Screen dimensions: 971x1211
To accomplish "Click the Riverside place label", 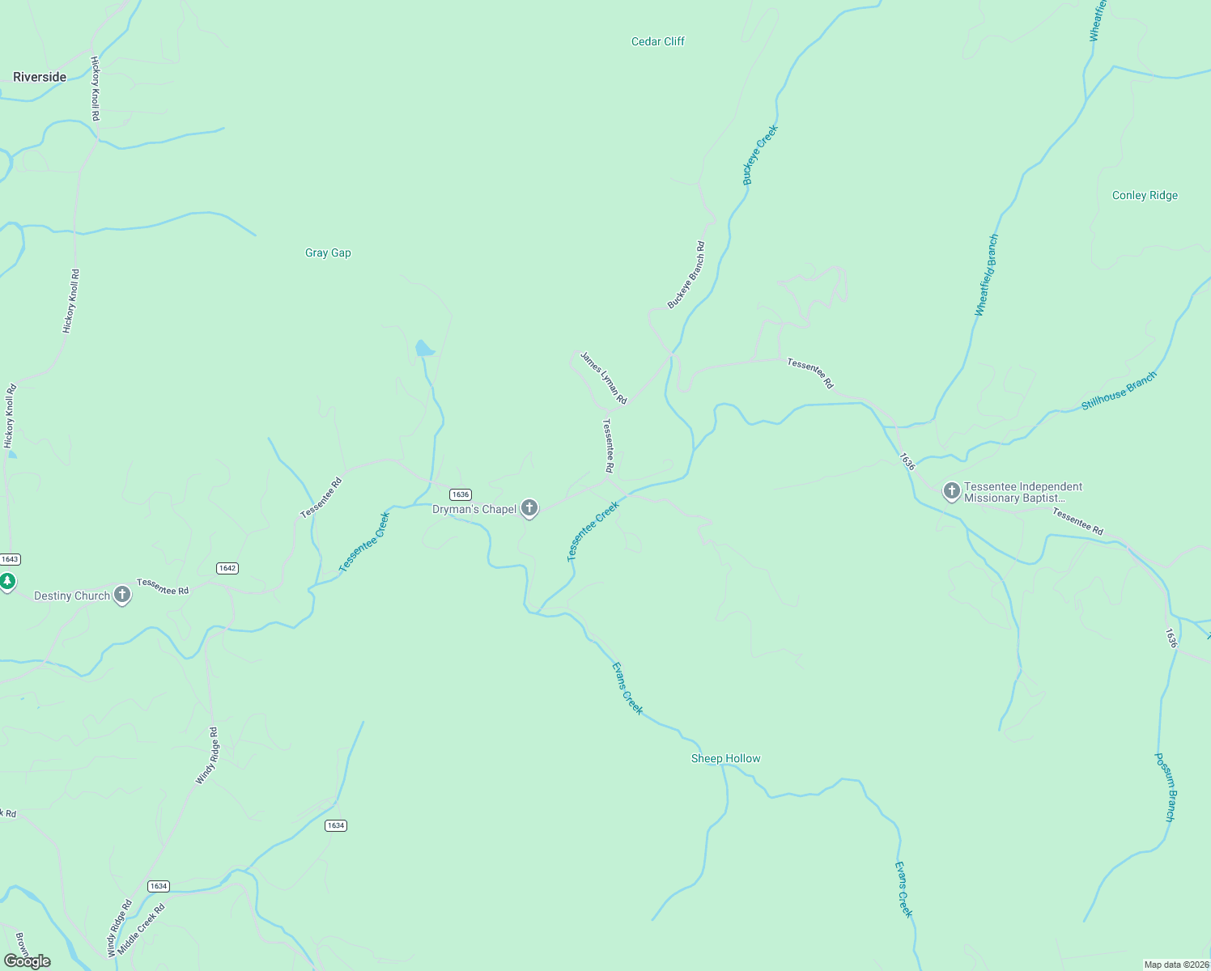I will (40, 77).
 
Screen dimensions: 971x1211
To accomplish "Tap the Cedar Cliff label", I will (657, 41).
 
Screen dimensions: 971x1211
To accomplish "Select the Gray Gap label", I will (328, 252).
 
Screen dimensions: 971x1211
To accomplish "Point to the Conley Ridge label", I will (1145, 195).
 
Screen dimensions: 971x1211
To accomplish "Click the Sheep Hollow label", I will (725, 758).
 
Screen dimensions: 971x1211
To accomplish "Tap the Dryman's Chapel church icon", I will (529, 509).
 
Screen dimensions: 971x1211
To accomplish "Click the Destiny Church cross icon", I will (122, 596).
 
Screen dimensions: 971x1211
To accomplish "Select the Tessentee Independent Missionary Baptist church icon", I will (952, 490).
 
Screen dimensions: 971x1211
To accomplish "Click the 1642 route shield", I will (227, 568).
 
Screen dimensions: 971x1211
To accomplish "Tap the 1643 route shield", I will (10, 559).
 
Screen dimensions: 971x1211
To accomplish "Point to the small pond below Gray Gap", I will (424, 349).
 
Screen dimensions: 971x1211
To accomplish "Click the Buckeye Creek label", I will (760, 155).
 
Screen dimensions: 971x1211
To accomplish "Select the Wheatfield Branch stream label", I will (987, 274).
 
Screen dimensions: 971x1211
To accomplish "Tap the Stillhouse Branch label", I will (1119, 391).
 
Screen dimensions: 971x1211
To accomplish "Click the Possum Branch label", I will (1165, 787).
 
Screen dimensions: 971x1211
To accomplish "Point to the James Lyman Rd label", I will (604, 377).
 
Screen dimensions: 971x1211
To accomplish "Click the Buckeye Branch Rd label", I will (686, 274).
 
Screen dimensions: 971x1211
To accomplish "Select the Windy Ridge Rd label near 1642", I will (207, 756).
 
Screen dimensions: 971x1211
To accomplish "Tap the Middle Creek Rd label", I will (142, 928).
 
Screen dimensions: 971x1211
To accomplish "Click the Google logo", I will (28, 960).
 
